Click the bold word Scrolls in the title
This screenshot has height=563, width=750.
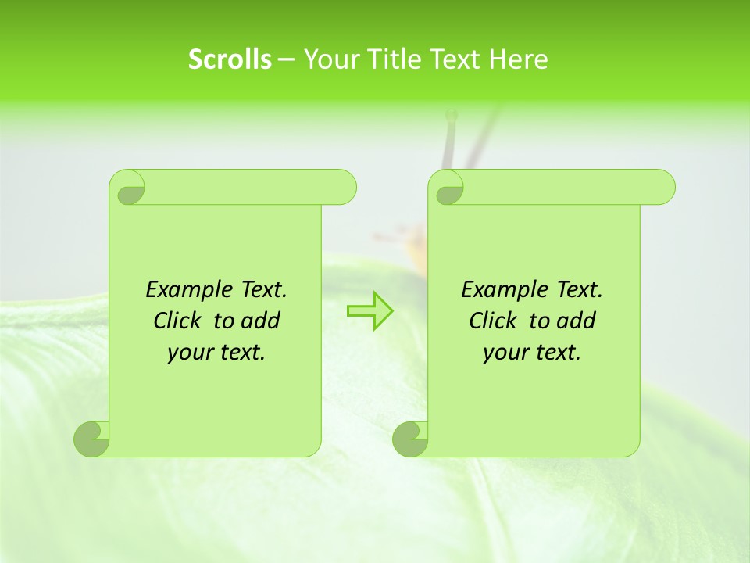(230, 59)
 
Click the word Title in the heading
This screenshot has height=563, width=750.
(394, 59)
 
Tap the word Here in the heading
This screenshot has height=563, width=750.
(519, 59)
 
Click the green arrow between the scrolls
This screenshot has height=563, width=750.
(370, 310)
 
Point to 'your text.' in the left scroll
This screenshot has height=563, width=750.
(216, 353)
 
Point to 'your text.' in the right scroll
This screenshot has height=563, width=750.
(532, 353)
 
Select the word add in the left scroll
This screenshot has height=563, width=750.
(262, 321)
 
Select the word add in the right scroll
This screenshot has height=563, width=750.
(577, 321)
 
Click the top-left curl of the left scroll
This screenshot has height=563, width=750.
(128, 188)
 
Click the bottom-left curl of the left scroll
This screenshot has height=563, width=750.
(92, 439)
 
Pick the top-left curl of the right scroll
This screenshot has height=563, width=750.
(447, 188)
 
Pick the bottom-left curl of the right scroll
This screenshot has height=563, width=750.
(411, 439)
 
